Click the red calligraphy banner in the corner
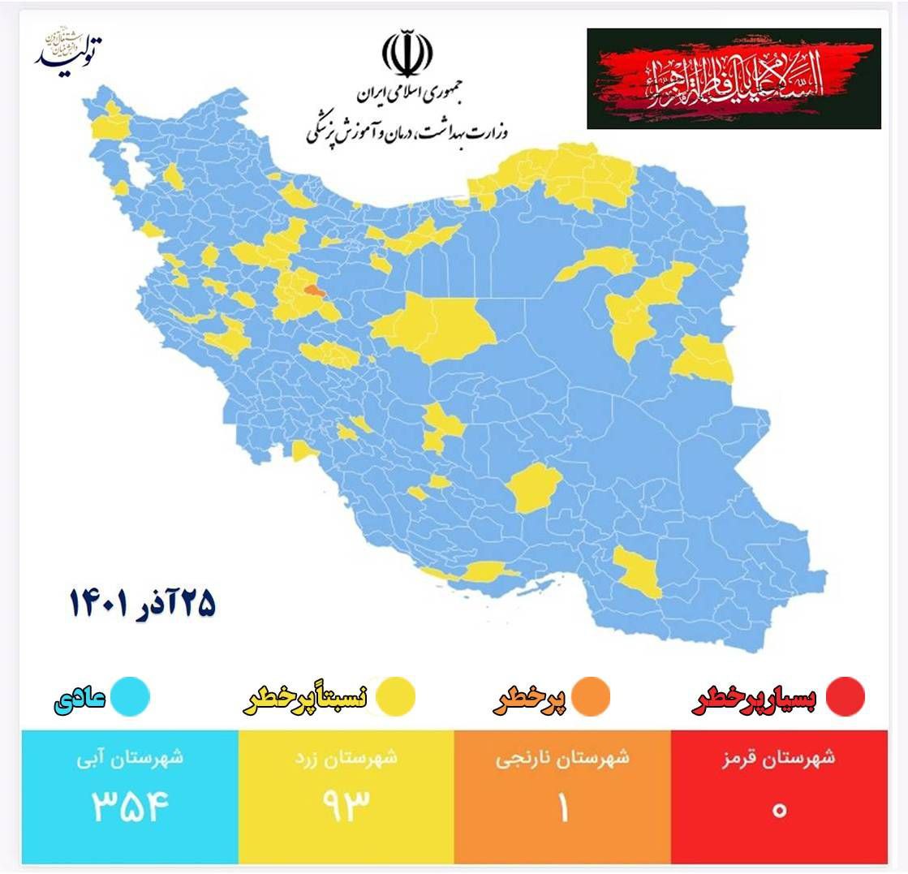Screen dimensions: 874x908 coord(734,79)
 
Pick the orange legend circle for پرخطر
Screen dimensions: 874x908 coord(590,697)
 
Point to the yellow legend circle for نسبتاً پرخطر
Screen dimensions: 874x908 coord(395,697)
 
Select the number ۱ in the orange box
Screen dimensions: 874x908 coord(562,808)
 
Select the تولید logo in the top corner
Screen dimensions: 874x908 coord(68,50)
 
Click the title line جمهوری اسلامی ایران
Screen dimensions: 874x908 coord(407,96)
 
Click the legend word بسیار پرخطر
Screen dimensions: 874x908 coord(755,700)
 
